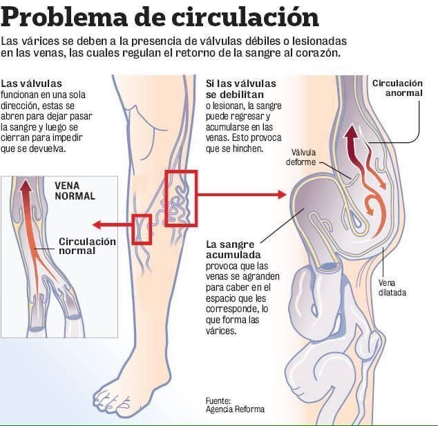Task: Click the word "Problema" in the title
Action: [x=64, y=17]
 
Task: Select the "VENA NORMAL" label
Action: [x=75, y=191]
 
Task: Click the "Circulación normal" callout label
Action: [x=87, y=246]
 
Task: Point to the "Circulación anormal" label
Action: [x=397, y=88]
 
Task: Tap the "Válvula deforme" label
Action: [x=301, y=157]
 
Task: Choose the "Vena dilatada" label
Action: [x=392, y=287]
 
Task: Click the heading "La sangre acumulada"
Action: [x=234, y=249]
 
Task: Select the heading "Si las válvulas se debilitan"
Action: [x=241, y=89]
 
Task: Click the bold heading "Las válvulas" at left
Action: [x=31, y=84]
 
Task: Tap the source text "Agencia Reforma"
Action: [x=235, y=409]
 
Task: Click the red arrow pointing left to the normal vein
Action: [x=112, y=224]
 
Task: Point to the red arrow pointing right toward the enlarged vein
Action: [x=242, y=194]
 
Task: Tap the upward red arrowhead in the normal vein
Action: [x=26, y=185]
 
